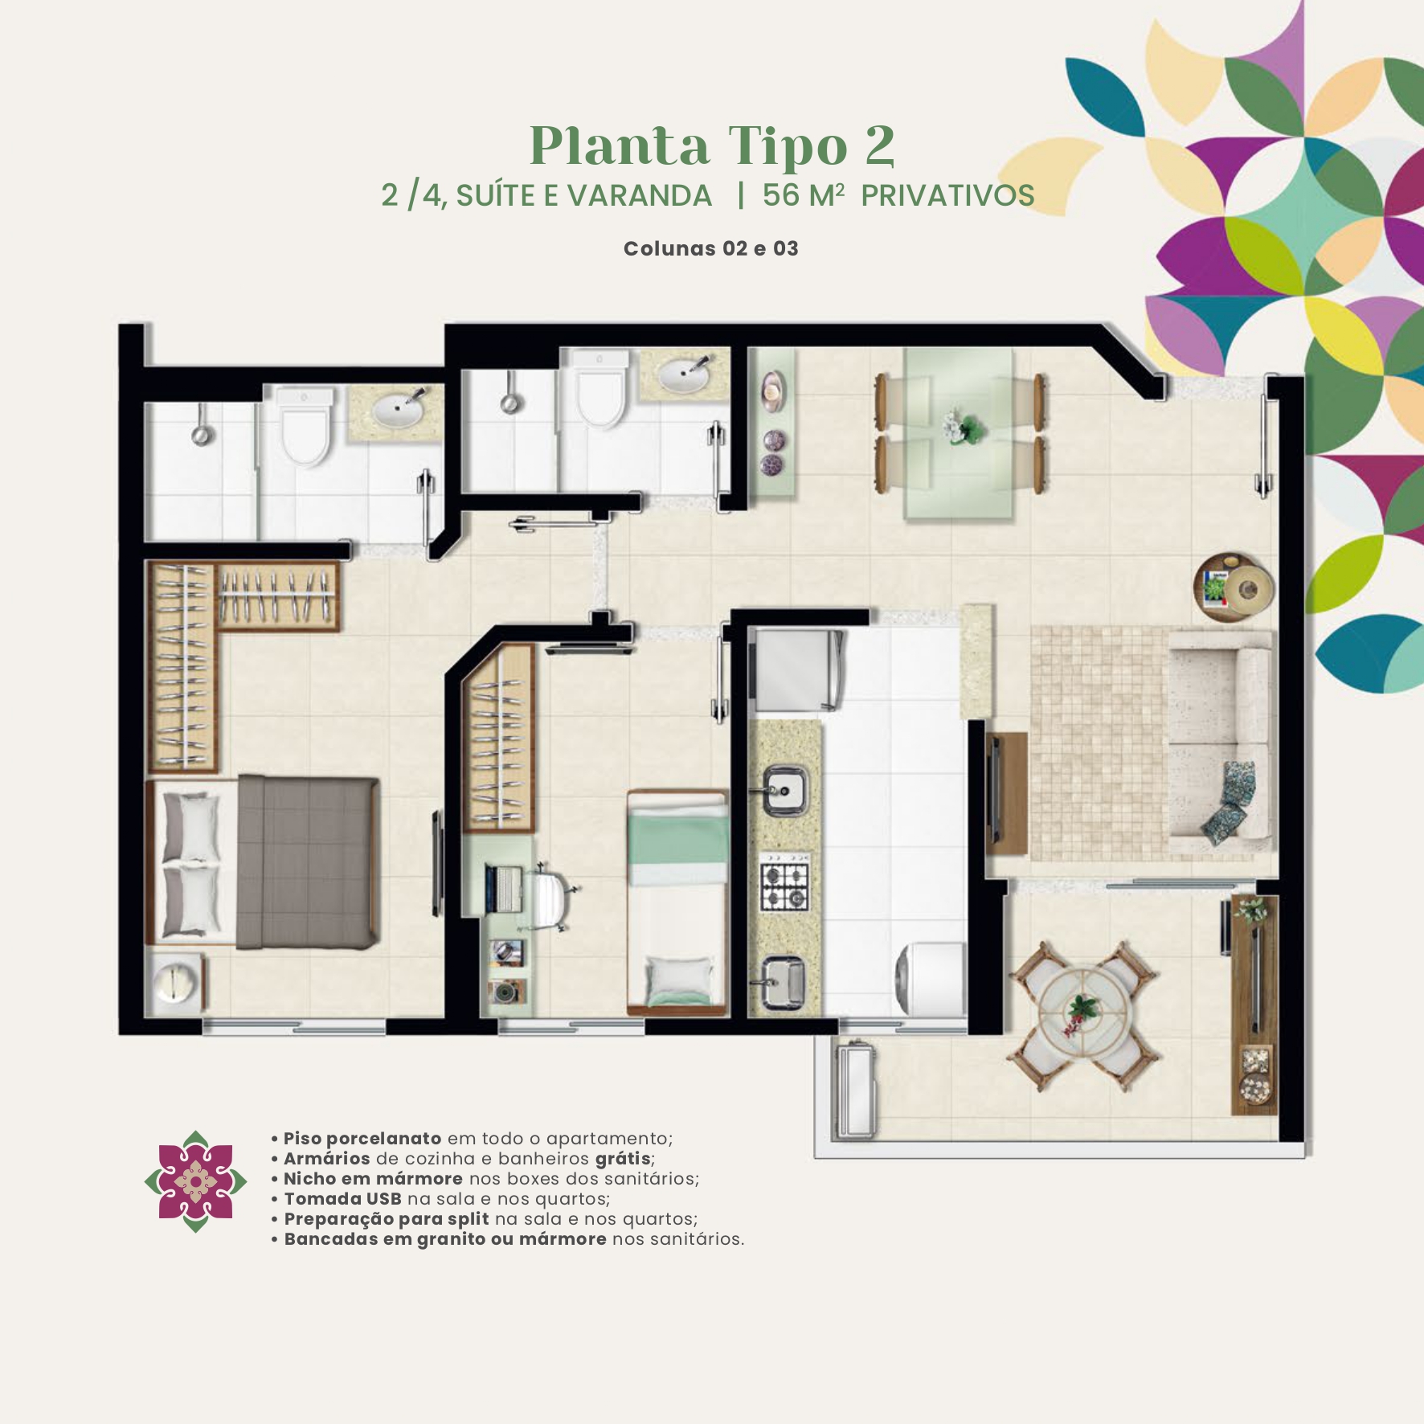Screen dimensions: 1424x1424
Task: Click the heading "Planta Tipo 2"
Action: tap(712, 145)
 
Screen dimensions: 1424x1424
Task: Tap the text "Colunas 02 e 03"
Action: tap(711, 248)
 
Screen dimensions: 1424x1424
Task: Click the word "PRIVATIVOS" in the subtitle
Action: tap(947, 195)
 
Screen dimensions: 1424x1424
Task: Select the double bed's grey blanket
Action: tap(308, 861)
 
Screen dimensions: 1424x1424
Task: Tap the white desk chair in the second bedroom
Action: tap(552, 895)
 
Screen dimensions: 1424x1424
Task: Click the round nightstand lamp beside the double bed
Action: tap(175, 982)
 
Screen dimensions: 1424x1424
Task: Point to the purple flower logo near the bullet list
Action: tap(195, 1181)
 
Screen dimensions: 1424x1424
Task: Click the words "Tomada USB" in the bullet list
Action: tap(342, 1199)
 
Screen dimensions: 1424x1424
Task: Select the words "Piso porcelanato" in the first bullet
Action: tap(362, 1139)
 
